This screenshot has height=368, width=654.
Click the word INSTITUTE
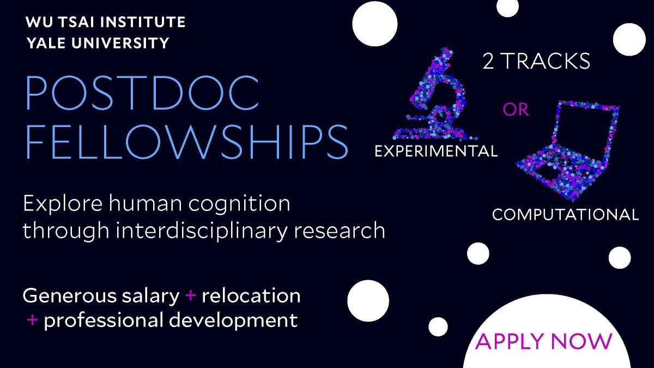point(141,23)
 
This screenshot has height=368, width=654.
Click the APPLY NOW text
point(544,341)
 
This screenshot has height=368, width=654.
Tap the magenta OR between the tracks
point(516,110)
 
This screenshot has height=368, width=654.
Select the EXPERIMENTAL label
point(436,151)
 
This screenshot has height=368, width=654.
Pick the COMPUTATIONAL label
point(565,214)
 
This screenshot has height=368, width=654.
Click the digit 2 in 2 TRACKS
point(488,62)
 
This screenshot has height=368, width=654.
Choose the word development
point(240,320)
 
